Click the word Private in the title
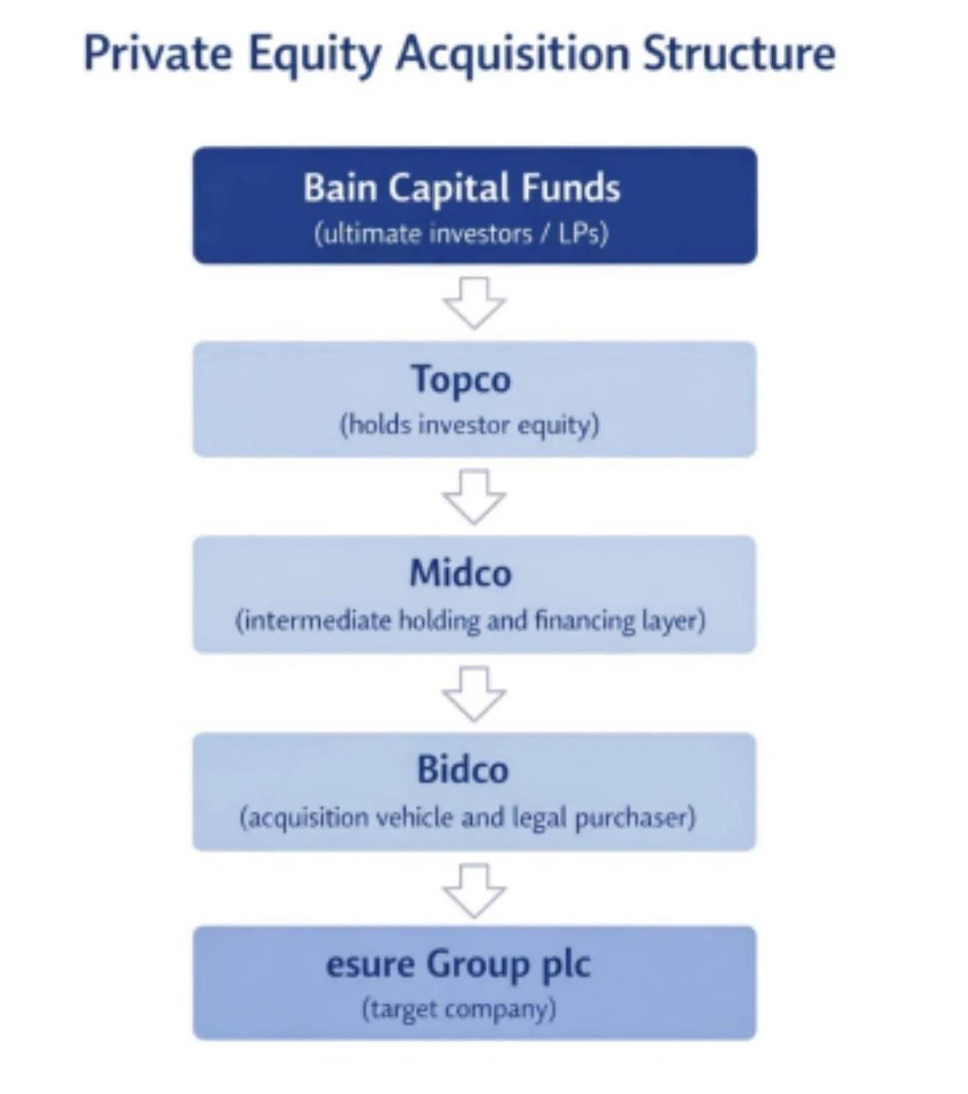[x=158, y=54]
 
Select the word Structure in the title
[x=739, y=54]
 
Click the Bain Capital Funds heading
[x=462, y=188]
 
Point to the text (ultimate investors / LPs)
[x=461, y=234]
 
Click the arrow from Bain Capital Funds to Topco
[x=474, y=301]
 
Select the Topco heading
[x=461, y=379]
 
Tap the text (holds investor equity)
[x=469, y=425]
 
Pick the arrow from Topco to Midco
[x=474, y=496]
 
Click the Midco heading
[x=461, y=573]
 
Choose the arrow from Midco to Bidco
[x=474, y=693]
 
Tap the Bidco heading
[x=463, y=770]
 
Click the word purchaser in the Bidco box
[x=635, y=818]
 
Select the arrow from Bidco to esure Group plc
[x=474, y=890]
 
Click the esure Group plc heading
[x=458, y=964]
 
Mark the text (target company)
[x=459, y=1010]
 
